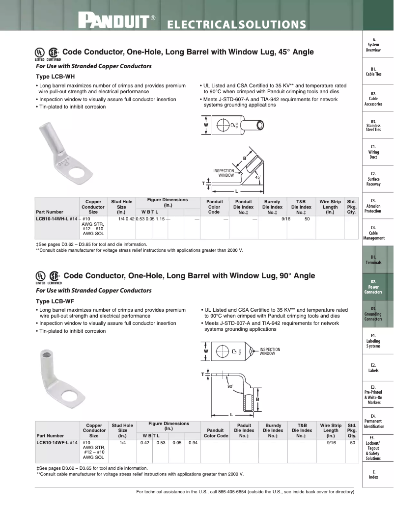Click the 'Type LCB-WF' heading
coord(56,301)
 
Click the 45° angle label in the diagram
coord(257,177)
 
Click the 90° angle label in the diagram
coord(230,387)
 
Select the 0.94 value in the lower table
coord(193,443)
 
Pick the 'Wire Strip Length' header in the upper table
coord(330,207)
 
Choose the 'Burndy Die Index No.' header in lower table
coord(273,430)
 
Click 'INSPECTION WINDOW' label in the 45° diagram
coord(224,173)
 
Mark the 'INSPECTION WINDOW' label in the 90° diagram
coord(270,351)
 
